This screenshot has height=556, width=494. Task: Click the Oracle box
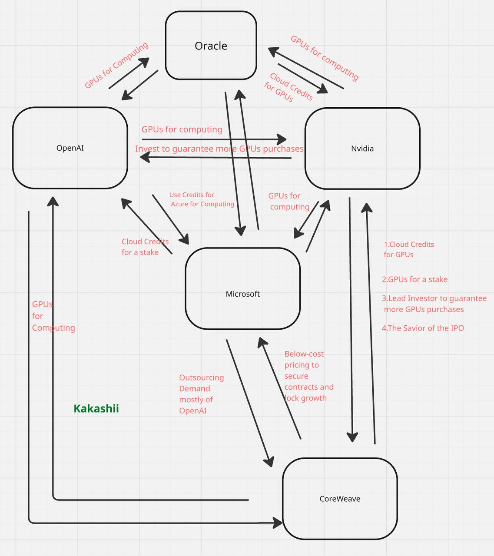tap(211, 46)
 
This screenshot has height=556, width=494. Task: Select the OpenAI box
tap(70, 148)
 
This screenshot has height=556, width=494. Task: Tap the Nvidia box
tap(362, 149)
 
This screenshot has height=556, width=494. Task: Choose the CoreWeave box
tap(340, 499)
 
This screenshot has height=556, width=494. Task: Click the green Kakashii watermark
tap(96, 408)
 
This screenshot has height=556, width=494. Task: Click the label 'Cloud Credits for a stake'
tap(145, 247)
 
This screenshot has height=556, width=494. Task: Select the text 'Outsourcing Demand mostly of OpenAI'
tap(201, 394)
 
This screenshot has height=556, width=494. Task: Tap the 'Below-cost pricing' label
tap(308, 376)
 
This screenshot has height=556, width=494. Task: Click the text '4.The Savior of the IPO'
tap(423, 328)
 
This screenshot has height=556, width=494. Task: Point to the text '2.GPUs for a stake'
tap(414, 279)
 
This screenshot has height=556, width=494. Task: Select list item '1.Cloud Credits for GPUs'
tap(408, 249)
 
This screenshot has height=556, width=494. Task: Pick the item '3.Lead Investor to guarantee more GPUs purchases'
tap(434, 304)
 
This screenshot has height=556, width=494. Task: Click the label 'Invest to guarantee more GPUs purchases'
tap(219, 149)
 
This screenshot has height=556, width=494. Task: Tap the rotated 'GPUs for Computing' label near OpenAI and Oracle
tap(116, 65)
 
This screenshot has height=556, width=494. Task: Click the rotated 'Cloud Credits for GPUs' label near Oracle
tap(288, 87)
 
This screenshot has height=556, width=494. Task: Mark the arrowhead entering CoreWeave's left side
tap(278, 523)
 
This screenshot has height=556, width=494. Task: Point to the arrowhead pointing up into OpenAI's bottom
tap(53, 201)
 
